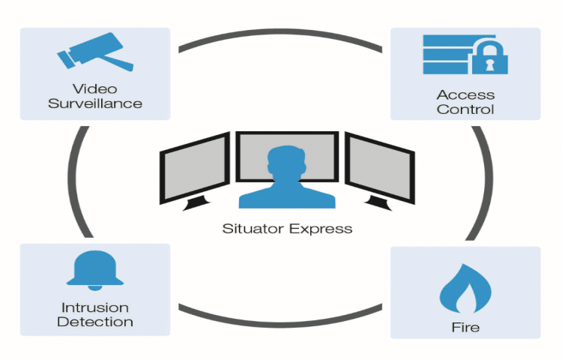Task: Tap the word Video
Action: [x=95, y=88]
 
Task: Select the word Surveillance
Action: [x=95, y=103]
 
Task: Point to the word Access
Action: [x=465, y=94]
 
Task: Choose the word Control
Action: [x=465, y=109]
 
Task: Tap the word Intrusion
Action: [x=95, y=307]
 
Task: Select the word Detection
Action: [x=95, y=322]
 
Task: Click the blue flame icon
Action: [x=465, y=289]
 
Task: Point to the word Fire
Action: [x=465, y=327]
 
